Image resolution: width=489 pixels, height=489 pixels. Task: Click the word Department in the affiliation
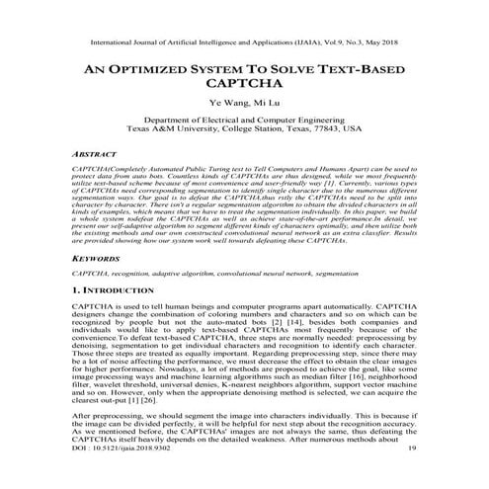click(169, 118)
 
